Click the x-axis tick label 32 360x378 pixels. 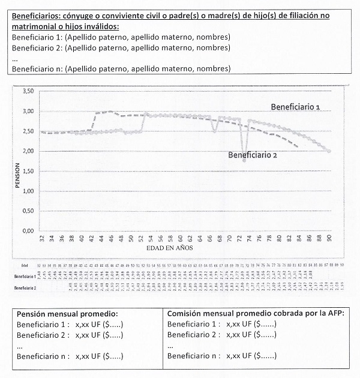(42, 239)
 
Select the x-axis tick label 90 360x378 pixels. (329, 239)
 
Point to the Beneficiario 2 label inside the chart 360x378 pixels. (253, 154)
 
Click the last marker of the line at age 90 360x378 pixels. (329, 151)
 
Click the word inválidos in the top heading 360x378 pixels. (100, 27)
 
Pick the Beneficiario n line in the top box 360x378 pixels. (121, 69)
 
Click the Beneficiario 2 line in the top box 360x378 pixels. (121, 47)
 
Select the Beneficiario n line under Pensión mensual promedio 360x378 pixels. (70, 356)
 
